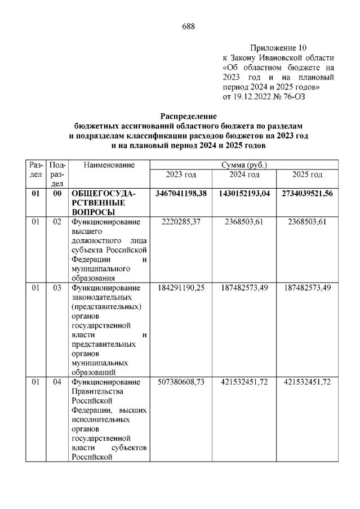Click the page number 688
click(x=189, y=26)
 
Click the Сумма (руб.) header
click(x=244, y=165)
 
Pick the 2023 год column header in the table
click(x=181, y=175)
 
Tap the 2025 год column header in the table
click(x=307, y=175)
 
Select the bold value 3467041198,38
click(x=181, y=193)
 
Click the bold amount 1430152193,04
click(x=244, y=193)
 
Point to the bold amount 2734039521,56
click(x=307, y=193)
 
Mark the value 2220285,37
click(x=181, y=222)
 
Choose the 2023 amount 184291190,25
click(x=181, y=288)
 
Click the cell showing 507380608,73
click(x=181, y=382)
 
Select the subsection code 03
click(x=57, y=288)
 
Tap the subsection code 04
click(x=57, y=382)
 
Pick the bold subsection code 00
click(x=57, y=193)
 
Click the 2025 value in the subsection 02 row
click(x=307, y=222)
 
